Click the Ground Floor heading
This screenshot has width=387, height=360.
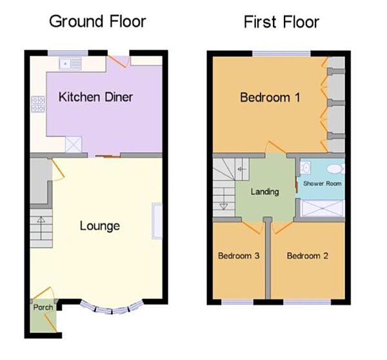coord(97,21)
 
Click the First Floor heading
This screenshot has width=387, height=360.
coord(281,22)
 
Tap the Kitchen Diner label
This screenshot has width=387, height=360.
coord(95,97)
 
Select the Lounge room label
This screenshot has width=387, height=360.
coord(99,226)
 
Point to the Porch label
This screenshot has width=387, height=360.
coord(43,307)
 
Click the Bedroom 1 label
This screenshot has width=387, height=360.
coord(270,97)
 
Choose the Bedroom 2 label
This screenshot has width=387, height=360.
coord(308,256)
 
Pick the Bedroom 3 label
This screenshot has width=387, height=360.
coord(239,256)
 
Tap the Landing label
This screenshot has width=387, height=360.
coord(264,192)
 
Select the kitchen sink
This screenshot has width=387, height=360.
coord(68,63)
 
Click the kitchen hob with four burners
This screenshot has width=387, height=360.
coord(37,104)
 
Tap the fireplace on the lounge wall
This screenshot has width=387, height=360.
coord(156,221)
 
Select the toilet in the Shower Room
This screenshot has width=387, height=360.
coord(335,169)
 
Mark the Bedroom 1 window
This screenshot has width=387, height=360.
coord(280,53)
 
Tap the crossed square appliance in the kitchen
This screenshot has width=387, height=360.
coord(73,145)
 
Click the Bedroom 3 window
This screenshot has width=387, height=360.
coord(236,302)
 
